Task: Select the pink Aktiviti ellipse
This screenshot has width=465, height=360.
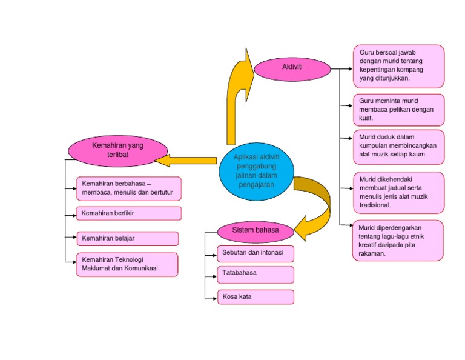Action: tap(292, 68)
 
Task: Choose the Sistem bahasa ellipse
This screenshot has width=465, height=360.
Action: tap(256, 231)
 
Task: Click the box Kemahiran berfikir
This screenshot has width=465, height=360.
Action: tap(129, 213)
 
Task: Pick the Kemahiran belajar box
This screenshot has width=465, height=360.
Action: tap(127, 238)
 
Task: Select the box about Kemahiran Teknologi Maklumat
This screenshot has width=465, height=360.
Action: tap(127, 264)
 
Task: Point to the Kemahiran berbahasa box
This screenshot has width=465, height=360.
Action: tap(129, 188)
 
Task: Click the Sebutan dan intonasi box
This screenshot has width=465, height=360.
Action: tap(256, 253)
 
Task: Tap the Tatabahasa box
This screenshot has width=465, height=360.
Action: tap(256, 274)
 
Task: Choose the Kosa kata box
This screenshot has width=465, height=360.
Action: tap(256, 297)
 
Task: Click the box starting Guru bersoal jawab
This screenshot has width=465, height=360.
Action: tap(398, 65)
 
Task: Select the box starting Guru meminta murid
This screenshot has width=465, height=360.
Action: tap(398, 110)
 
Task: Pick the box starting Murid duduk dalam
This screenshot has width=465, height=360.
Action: tap(398, 146)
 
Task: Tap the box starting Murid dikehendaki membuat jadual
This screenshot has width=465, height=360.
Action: tap(398, 192)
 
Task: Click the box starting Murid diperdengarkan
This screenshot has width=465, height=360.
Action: tap(398, 241)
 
